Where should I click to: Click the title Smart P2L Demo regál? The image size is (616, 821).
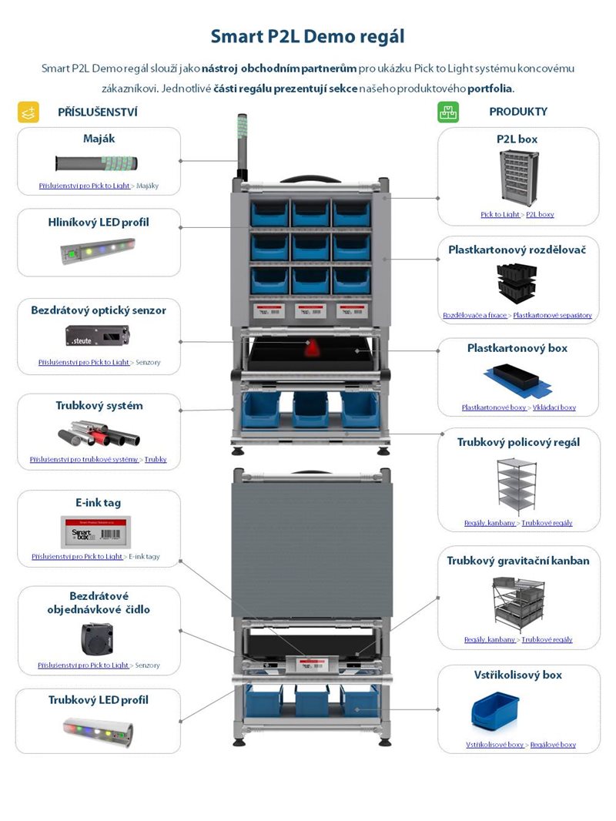point(307,36)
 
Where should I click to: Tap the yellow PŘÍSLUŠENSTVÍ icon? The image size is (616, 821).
point(28,112)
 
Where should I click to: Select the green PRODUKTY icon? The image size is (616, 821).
point(448,112)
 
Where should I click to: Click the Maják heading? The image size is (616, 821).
point(99,139)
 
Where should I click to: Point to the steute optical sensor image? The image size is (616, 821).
point(98,336)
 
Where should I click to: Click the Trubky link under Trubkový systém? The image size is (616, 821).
point(156,459)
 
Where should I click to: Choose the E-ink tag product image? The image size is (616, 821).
point(98,531)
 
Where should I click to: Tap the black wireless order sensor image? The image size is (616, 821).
point(98,638)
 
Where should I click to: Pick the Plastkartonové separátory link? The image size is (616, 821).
point(552,315)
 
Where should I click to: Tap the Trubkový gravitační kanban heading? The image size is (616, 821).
point(518,561)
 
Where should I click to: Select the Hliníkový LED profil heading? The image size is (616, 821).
point(99,223)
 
